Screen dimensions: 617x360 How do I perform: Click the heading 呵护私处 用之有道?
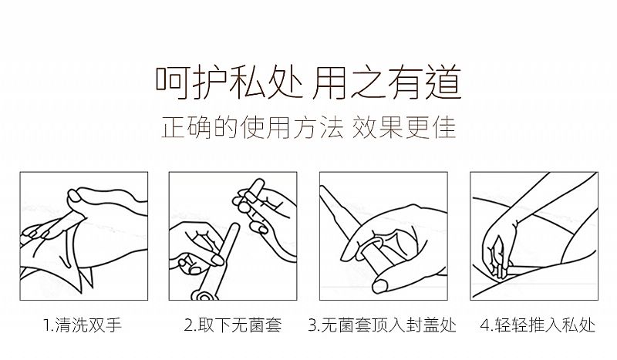pos(308,83)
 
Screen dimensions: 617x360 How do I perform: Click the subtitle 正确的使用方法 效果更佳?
pos(308,127)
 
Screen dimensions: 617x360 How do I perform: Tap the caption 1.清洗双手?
pos(83,325)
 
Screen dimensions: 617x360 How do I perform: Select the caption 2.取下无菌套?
pos(233,325)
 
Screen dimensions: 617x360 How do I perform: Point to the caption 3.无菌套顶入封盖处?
pos(383,325)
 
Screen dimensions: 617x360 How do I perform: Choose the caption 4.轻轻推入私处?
pos(538,325)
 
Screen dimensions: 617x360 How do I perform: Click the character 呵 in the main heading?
pos(171,83)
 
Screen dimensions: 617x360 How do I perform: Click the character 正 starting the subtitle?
pos(173,127)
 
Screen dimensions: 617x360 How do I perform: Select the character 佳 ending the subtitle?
pos(445,127)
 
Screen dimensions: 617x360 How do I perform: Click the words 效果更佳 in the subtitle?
pos(404,127)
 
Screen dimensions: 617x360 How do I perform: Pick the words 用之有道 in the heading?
pos(386,83)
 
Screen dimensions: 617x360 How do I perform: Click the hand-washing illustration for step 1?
pos(84,236)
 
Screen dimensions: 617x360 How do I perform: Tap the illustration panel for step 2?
pos(233,236)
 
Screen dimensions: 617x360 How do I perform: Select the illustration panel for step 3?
pos(383,236)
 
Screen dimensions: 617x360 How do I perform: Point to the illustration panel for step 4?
pos(534,236)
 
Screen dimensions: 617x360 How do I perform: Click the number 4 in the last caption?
pos(485,326)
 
